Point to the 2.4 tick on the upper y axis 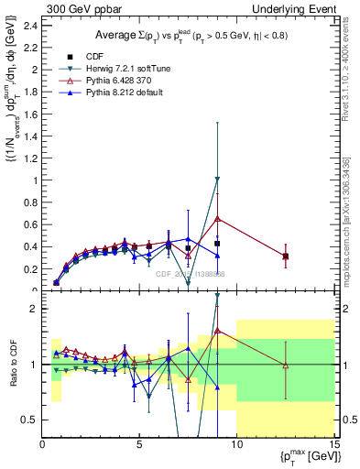pos(30,26)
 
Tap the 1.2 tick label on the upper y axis pos(30,158)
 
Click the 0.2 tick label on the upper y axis pos(30,269)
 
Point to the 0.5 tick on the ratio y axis pos(30,420)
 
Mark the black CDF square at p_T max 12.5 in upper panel pos(286,256)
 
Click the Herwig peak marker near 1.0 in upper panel pos(217,180)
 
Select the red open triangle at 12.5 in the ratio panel pos(286,365)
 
